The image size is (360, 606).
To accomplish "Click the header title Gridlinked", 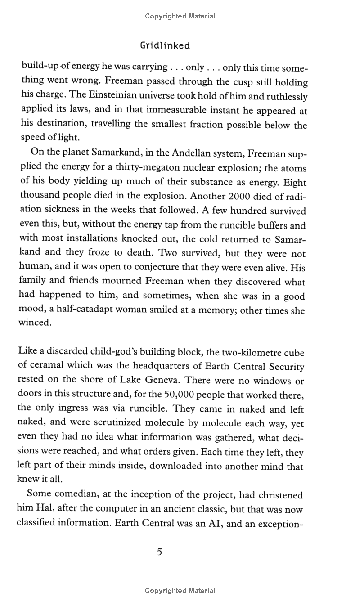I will pos(165,45).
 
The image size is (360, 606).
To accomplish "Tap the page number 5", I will pos(160,552).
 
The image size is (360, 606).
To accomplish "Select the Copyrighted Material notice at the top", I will pos(180,16).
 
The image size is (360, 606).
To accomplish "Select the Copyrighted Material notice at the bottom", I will pos(180,590).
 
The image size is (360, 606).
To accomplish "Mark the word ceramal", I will pos(50,367).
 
